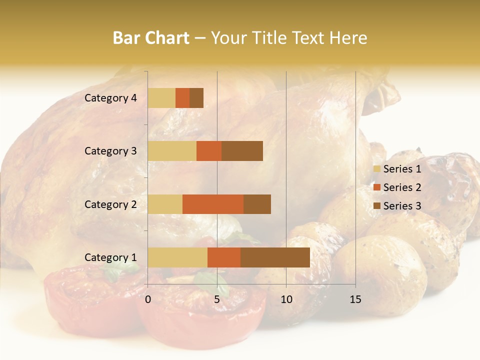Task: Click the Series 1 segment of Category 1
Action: pos(177,257)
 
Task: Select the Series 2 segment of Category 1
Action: pos(224,257)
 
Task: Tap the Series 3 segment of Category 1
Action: pos(275,257)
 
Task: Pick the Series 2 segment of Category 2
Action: pos(213,204)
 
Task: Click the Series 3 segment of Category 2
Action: pos(257,204)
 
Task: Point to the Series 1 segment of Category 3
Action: pos(172,151)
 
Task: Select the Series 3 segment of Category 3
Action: pos(242,151)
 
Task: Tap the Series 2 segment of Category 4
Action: pos(182,98)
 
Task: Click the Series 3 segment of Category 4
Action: pos(196,98)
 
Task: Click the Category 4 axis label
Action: pos(110,98)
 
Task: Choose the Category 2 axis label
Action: pos(110,204)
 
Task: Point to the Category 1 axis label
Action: pos(110,257)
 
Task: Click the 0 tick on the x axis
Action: pos(148,299)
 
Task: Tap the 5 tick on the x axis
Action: pos(217,299)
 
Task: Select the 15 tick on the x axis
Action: pos(355,299)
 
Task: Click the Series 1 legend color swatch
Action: pos(376,169)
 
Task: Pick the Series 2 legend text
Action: pos(402,187)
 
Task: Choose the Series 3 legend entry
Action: pos(397,206)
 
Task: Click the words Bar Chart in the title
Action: pos(151,38)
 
